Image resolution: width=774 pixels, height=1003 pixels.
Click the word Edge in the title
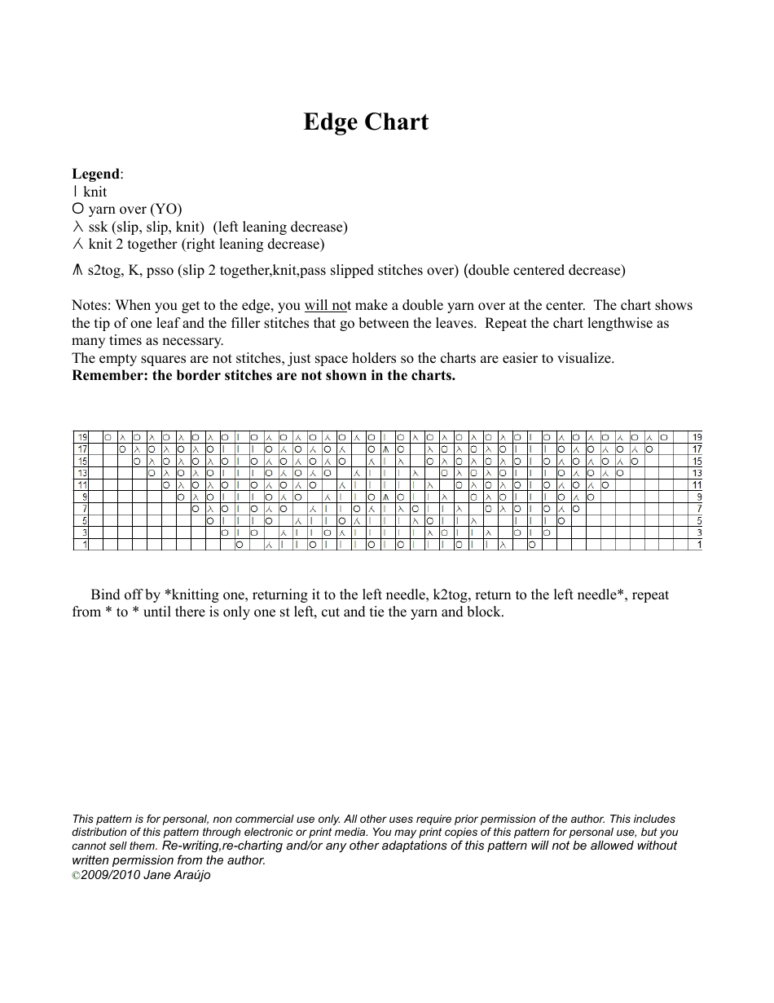pyautogui.click(x=331, y=122)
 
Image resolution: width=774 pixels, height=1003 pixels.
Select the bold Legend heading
pyautogui.click(x=95, y=174)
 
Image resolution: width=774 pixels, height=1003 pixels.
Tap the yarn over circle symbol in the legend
pyautogui.click(x=77, y=209)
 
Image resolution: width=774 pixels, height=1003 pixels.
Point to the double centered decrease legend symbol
pyautogui.click(x=77, y=271)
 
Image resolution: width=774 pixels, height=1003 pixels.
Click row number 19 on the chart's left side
pyautogui.click(x=82, y=437)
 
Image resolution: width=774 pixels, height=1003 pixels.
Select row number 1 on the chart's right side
pyautogui.click(x=698, y=545)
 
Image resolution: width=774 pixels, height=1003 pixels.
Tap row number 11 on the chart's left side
pyautogui.click(x=82, y=485)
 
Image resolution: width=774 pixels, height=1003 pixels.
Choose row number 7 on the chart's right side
pyautogui.click(x=698, y=509)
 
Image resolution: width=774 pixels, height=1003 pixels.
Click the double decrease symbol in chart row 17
pyautogui.click(x=386, y=449)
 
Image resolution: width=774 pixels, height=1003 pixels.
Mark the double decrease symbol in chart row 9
pyautogui.click(x=386, y=497)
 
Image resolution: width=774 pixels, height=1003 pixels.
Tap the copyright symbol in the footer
pyautogui.click(x=76, y=875)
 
